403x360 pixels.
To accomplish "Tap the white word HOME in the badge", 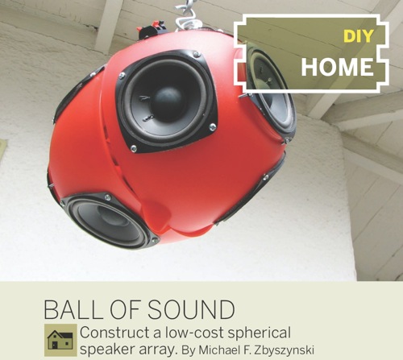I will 339,67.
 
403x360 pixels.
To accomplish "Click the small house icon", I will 60,338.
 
